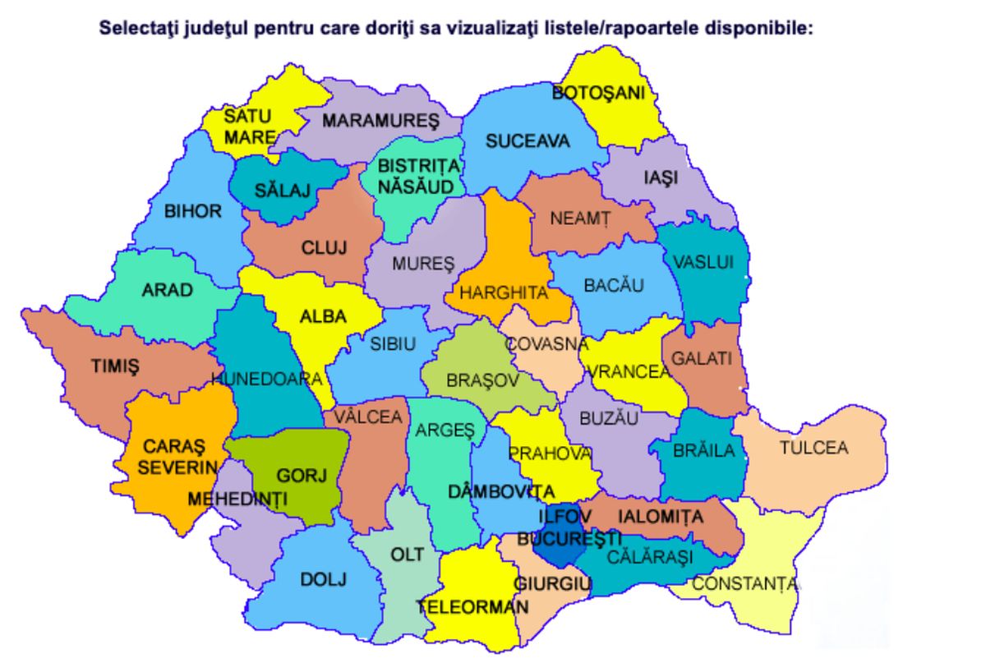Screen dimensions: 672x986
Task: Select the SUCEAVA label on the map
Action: [x=528, y=141]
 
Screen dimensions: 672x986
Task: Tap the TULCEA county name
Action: [x=813, y=448]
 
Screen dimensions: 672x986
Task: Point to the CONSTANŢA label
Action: [x=744, y=584]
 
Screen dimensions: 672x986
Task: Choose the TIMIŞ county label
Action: [x=115, y=366]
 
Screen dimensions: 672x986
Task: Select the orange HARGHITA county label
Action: [x=504, y=292]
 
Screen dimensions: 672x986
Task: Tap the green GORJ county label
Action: [x=302, y=475]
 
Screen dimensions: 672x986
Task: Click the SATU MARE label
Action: [x=248, y=127]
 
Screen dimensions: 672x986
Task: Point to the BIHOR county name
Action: [x=193, y=211]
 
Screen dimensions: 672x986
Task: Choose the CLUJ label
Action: [x=325, y=247]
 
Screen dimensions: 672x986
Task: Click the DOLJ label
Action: [x=324, y=578]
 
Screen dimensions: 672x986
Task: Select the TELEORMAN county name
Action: [x=472, y=607]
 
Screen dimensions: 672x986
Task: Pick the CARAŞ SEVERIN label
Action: [x=173, y=457]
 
